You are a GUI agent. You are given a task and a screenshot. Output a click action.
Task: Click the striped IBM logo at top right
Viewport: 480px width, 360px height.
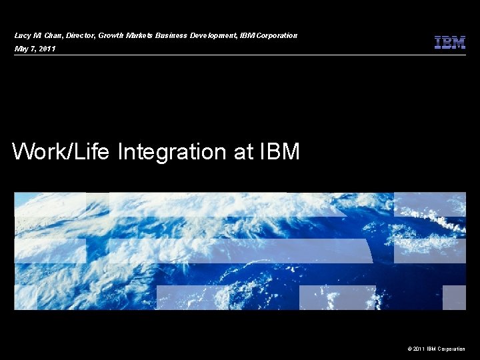pos(449,42)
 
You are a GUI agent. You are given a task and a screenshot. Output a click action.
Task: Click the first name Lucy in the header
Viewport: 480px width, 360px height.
pos(23,35)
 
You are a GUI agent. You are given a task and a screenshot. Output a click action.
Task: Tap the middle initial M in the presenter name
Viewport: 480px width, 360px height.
pos(39,35)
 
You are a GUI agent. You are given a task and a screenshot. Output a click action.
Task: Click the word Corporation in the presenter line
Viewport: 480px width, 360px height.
pos(276,35)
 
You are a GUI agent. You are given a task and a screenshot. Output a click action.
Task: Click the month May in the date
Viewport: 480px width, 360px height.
pos(21,49)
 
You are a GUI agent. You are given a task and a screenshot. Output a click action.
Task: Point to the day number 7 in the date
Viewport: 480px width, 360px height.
pos(33,49)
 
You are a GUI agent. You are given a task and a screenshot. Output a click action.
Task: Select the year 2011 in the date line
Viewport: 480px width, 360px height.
pos(47,49)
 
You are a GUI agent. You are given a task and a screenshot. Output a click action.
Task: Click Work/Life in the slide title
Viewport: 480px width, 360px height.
pos(62,152)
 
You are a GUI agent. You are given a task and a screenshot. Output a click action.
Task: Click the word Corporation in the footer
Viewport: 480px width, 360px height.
pos(451,349)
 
